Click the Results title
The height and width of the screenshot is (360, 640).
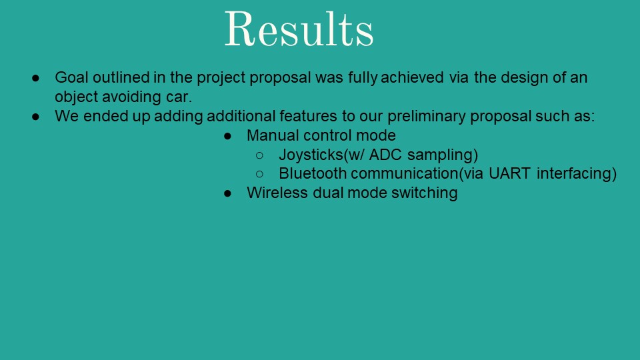pos(299,29)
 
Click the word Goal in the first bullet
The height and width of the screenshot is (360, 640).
pos(71,77)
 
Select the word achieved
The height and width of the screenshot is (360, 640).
pos(412,77)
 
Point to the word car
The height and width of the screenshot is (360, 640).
pos(179,97)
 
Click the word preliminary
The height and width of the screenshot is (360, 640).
pos(426,116)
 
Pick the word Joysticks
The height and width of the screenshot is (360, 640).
pos(311,155)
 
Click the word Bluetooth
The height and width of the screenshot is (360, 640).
pos(313,173)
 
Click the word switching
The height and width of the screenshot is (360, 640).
pos(425,193)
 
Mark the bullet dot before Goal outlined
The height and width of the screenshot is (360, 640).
pos(35,77)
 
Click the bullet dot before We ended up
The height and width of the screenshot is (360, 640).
pos(35,116)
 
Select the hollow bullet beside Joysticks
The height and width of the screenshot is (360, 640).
pos(259,155)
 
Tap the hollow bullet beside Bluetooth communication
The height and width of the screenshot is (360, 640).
pos(259,174)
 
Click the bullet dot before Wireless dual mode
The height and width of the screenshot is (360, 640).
pos(227,193)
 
